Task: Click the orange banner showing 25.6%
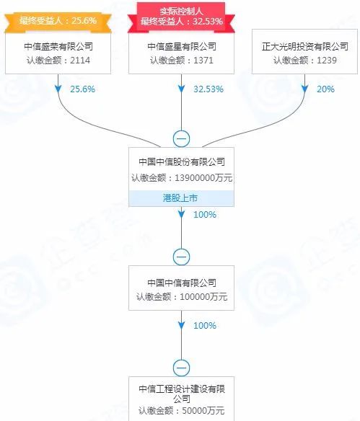pyautogui.click(x=58, y=22)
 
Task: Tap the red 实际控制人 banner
pyautogui.click(x=181, y=17)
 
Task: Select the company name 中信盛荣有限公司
pyautogui.click(x=58, y=46)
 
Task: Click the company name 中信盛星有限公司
pyautogui.click(x=182, y=46)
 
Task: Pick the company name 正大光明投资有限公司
pyautogui.click(x=305, y=46)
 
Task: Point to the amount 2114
pyautogui.click(x=80, y=60)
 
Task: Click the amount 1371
pyautogui.click(x=203, y=60)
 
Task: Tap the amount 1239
pyautogui.click(x=327, y=60)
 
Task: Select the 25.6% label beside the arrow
pyautogui.click(x=82, y=89)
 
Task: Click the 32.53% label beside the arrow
pyautogui.click(x=208, y=89)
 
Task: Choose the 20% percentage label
pyautogui.click(x=325, y=89)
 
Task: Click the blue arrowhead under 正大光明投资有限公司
pyautogui.click(x=304, y=89)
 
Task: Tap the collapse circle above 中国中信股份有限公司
pyautogui.click(x=181, y=139)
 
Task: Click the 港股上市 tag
pyautogui.click(x=181, y=198)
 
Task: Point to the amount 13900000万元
pyautogui.click(x=203, y=178)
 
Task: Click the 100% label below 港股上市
pyautogui.click(x=205, y=215)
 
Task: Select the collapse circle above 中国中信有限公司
pyautogui.click(x=181, y=257)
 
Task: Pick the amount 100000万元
pyautogui.click(x=203, y=297)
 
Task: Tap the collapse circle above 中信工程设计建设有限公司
pyautogui.click(x=181, y=368)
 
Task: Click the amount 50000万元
pyautogui.click(x=203, y=410)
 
